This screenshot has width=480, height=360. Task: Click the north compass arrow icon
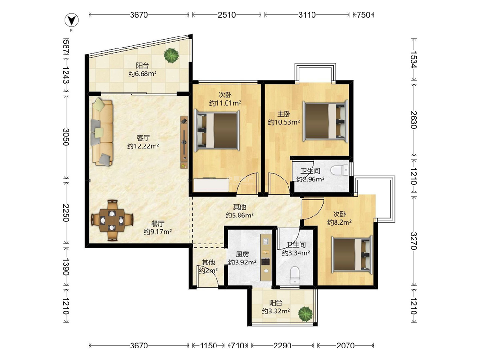click(72, 21)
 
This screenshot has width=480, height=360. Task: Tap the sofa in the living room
click(102, 132)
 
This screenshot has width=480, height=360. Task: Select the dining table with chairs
click(112, 220)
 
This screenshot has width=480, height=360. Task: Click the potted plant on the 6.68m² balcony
click(171, 56)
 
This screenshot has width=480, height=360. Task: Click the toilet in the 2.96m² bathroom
click(340, 169)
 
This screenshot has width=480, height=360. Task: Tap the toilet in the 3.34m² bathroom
click(295, 275)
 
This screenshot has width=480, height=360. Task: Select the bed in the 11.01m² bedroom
click(217, 131)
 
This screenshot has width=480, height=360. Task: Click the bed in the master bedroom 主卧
click(326, 121)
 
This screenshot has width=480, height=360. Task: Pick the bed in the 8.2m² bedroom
click(352, 253)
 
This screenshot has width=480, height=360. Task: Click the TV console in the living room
click(184, 142)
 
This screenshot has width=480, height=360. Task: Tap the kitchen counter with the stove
click(266, 257)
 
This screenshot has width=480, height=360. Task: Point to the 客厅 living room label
click(143, 138)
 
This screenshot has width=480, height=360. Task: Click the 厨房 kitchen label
click(242, 254)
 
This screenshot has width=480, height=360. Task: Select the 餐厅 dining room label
click(157, 224)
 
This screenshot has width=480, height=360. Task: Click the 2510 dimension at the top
click(227, 15)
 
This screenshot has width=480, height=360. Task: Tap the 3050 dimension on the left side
click(66, 137)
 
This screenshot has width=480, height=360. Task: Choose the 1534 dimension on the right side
click(414, 60)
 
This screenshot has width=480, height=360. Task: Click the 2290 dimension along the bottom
click(282, 346)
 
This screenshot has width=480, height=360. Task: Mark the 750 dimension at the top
click(364, 15)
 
